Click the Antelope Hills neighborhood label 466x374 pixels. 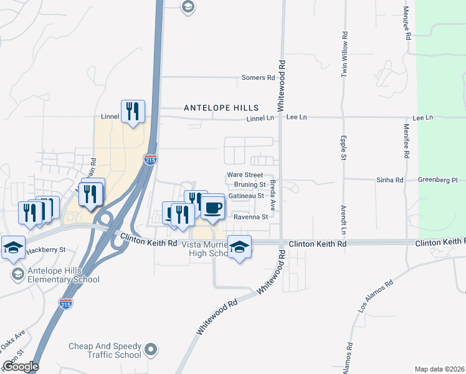216,108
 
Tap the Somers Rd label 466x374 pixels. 259,78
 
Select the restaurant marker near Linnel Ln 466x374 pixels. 133,112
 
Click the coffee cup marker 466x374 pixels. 213,207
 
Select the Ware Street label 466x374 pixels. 245,175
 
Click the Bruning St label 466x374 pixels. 250,185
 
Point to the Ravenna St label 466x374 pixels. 250,218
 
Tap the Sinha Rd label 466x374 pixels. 390,180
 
